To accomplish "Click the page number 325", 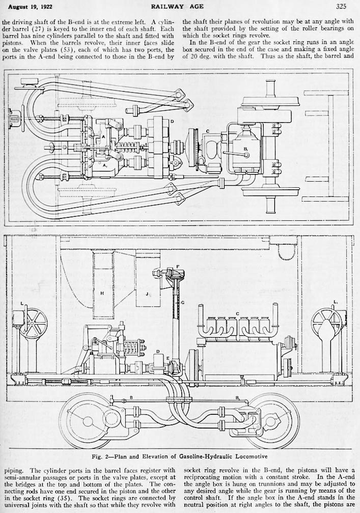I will (x=341, y=7).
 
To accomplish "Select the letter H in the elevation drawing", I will (x=102, y=293).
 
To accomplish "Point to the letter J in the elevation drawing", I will (x=147, y=294).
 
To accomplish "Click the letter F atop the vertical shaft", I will (x=177, y=266).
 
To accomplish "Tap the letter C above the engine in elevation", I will (x=237, y=312).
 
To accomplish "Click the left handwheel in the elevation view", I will (x=34, y=323).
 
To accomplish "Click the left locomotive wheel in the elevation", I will (x=87, y=421).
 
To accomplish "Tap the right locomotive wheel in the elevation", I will (x=272, y=421).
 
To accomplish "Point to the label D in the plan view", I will (x=173, y=122).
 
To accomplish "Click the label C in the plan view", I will (x=207, y=131).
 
